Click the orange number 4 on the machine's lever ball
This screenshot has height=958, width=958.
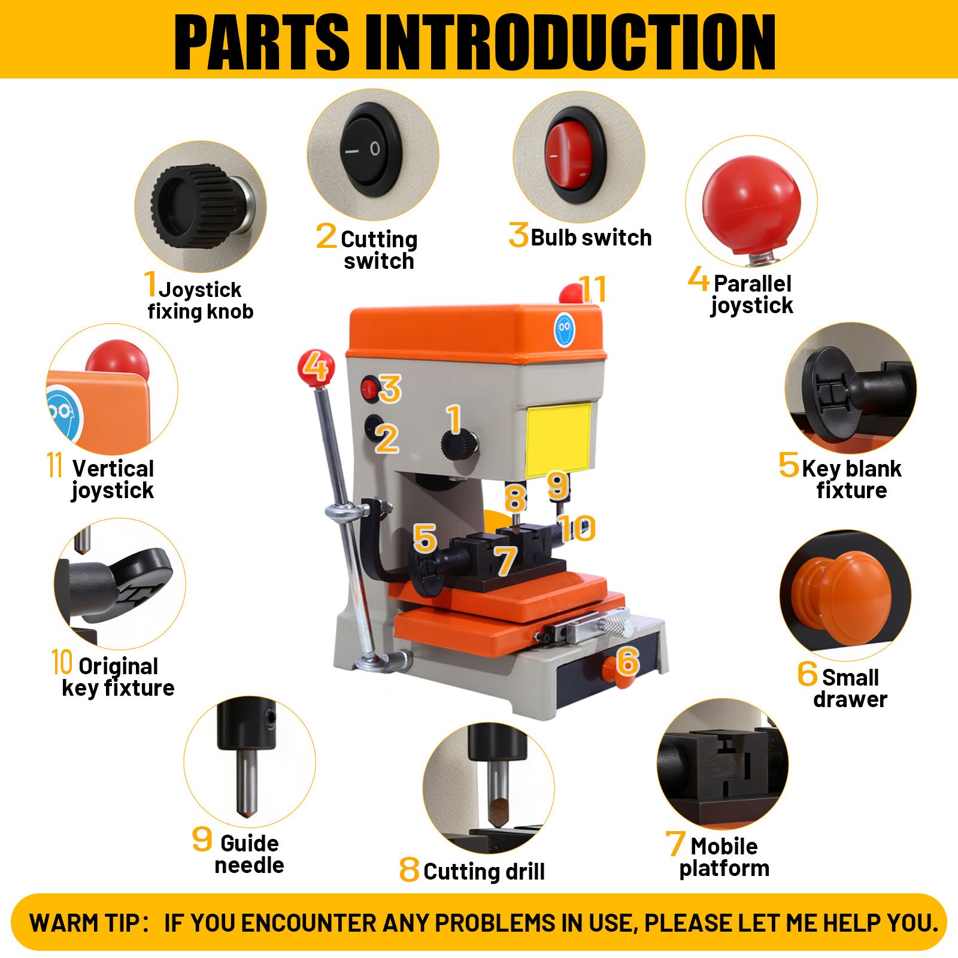coord(315,366)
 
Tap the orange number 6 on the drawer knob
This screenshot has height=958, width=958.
coord(627,660)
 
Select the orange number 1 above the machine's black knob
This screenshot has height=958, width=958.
coord(454,419)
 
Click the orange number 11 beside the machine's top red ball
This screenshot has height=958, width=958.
coord(593,289)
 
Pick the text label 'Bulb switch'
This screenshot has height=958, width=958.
coord(591,238)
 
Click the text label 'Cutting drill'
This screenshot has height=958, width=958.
coord(484,871)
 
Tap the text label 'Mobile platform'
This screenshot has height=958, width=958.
coord(724,857)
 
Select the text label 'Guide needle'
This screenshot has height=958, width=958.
coord(249,854)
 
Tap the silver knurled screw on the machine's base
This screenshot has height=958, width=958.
coord(616,624)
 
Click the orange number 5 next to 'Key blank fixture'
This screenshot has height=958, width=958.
coord(789,464)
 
